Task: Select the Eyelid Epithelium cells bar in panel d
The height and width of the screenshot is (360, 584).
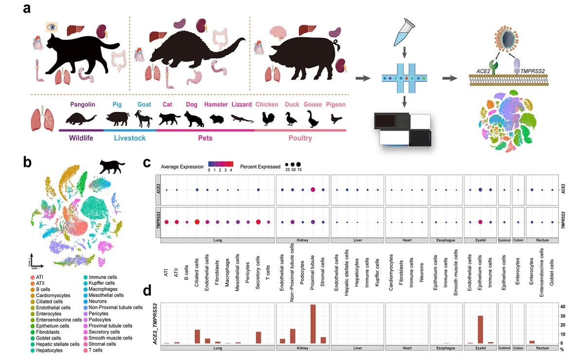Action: (480, 329)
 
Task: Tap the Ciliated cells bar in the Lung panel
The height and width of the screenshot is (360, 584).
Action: (197, 336)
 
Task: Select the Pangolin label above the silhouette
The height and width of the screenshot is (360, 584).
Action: (83, 104)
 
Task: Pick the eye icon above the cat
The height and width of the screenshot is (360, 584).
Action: (51, 27)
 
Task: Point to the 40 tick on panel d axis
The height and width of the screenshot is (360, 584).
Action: (562, 306)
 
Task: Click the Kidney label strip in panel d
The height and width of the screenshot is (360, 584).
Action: (302, 348)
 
